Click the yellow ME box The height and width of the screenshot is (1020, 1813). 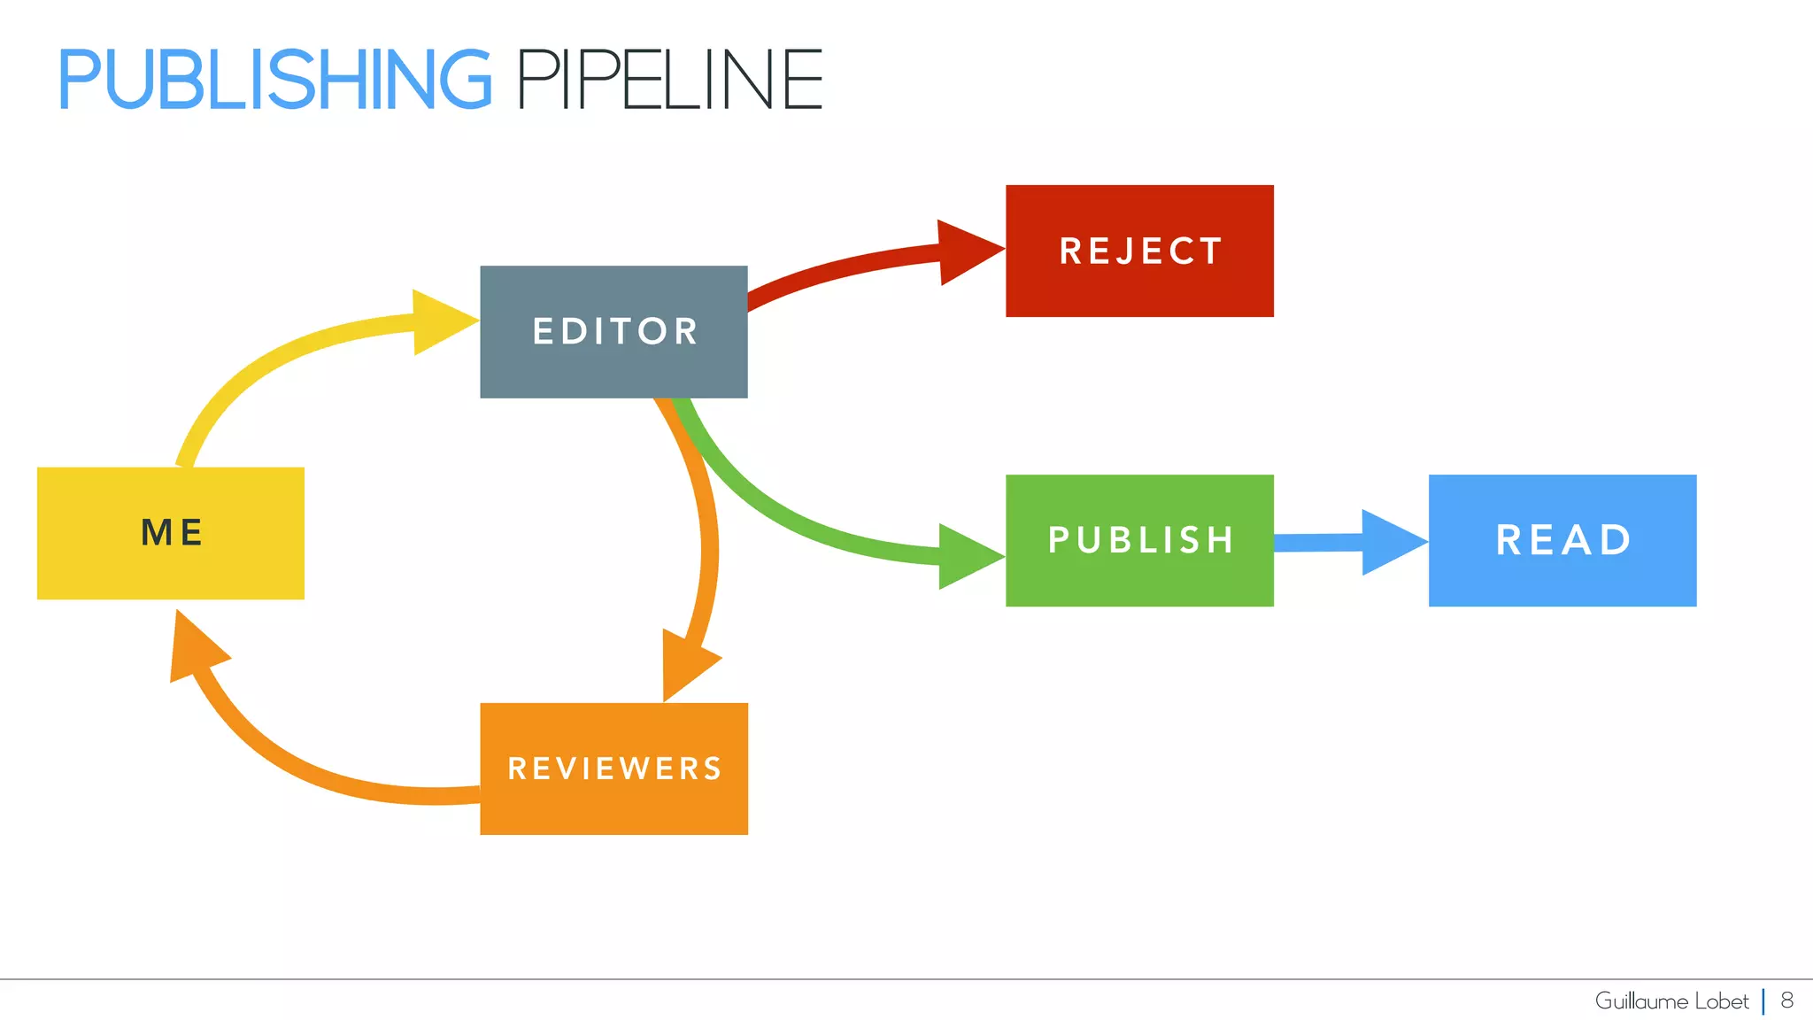point(171,533)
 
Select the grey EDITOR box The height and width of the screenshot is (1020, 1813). point(613,331)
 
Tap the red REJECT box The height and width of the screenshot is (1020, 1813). point(1139,251)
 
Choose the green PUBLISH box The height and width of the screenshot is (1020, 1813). point(1139,540)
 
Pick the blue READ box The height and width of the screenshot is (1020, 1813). point(1562,540)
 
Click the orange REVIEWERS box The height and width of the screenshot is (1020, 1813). point(613,769)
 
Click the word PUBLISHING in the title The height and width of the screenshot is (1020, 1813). point(274,80)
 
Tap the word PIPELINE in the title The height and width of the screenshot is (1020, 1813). point(669,80)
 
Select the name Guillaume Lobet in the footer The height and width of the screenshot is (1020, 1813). point(1671,1001)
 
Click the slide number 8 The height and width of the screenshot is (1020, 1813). point(1786,1001)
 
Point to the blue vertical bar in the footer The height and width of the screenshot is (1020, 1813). point(1763,1001)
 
